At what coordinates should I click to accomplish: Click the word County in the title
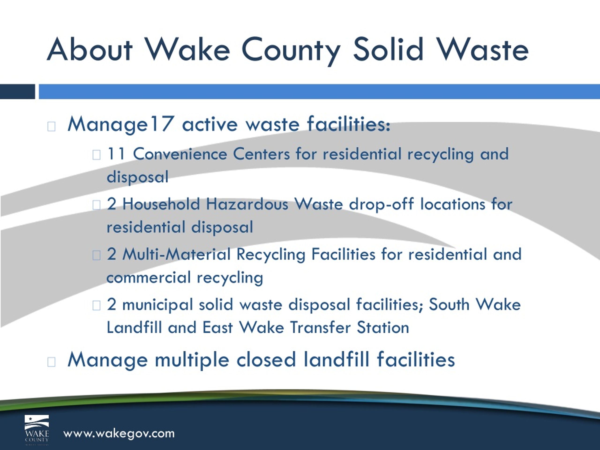291,50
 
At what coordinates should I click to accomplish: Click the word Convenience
180,154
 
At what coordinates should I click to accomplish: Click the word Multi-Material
176,255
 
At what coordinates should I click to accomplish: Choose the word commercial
149,277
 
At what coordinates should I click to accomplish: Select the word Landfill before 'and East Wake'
134,327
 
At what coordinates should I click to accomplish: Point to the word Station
383,327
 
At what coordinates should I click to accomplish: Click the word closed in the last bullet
266,360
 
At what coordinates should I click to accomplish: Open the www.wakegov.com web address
119,433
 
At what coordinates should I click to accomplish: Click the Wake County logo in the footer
37,430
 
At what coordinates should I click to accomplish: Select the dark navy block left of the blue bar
17,92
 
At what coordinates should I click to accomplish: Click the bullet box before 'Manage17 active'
51,126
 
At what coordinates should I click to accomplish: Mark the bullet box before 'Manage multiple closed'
51,362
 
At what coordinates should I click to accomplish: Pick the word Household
161,204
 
